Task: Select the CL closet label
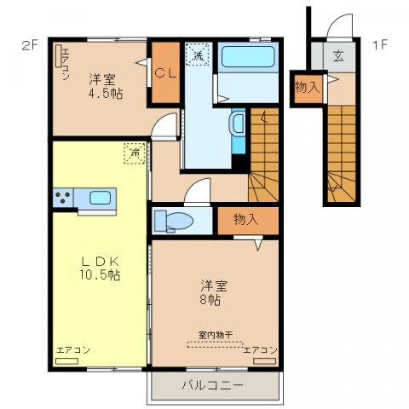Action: point(165,73)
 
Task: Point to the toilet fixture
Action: point(174,221)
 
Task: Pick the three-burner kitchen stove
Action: point(62,199)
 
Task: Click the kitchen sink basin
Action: point(99,199)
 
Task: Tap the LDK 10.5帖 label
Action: point(100,268)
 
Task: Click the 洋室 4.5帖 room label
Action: point(105,86)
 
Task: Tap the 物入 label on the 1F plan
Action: point(307,86)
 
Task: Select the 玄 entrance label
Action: point(338,57)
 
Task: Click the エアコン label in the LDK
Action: point(73,350)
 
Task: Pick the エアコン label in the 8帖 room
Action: point(260,350)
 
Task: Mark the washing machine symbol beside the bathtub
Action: point(198,55)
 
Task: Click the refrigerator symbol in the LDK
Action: point(135,153)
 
